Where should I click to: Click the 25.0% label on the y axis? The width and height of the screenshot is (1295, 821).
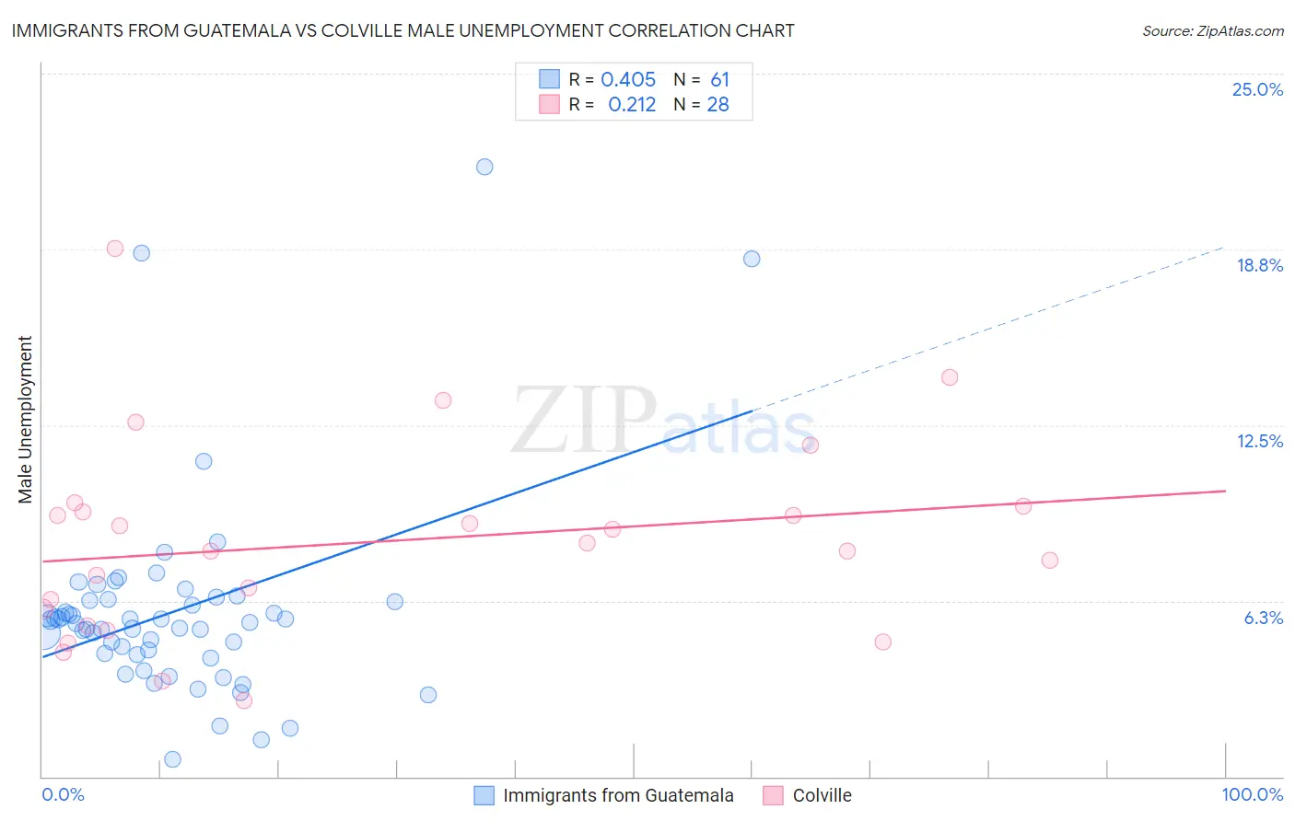(x=1257, y=89)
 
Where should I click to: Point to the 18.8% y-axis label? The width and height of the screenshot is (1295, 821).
(x=1259, y=265)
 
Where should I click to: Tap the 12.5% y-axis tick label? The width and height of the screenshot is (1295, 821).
(x=1259, y=441)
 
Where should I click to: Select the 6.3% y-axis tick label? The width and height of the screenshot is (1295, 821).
(x=1263, y=618)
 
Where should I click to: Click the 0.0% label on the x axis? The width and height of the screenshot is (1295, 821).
(x=63, y=794)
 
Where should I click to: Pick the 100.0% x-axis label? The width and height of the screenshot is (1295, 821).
(x=1252, y=794)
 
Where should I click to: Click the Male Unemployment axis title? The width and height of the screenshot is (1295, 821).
(x=25, y=420)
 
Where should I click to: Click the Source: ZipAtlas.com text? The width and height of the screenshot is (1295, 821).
(x=1212, y=30)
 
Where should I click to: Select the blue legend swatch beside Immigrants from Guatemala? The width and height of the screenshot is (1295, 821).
(x=484, y=795)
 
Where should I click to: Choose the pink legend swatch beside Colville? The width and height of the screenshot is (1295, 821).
(x=773, y=795)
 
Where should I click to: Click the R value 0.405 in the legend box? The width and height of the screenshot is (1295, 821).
(x=628, y=79)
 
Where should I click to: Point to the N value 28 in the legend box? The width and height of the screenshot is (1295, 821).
(x=717, y=104)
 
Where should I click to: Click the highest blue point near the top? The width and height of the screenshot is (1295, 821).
(x=484, y=167)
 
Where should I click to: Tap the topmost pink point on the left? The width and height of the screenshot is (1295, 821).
(x=115, y=249)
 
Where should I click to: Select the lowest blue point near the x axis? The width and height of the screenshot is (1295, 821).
(x=172, y=759)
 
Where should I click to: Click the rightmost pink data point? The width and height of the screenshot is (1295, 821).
(x=1049, y=561)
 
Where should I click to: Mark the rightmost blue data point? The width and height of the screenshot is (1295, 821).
(x=752, y=259)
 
